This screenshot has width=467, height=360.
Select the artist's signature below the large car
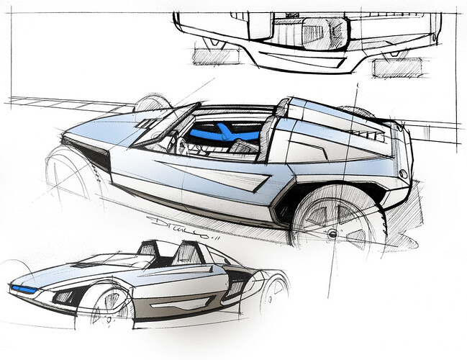177,221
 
